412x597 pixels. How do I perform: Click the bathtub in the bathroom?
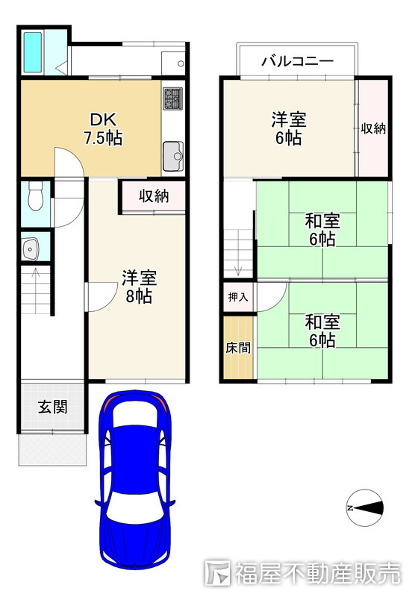33,52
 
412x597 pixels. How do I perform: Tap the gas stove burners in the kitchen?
173,99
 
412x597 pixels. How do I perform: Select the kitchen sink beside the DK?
173,157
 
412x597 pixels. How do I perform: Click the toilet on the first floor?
36,196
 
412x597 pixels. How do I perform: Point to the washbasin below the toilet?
30,249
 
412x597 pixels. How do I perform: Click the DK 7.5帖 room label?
103,128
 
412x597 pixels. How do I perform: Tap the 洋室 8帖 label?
139,287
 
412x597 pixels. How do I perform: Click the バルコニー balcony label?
297,61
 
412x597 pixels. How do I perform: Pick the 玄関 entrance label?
52,407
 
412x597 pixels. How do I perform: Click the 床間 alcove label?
238,347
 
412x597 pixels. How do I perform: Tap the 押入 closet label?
238,297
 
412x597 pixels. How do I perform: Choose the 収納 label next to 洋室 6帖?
373,128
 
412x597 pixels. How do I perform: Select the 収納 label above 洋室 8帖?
154,196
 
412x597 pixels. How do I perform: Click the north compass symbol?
365,507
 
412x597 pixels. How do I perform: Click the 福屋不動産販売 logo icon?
217,572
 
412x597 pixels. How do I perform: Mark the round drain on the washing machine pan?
181,63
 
